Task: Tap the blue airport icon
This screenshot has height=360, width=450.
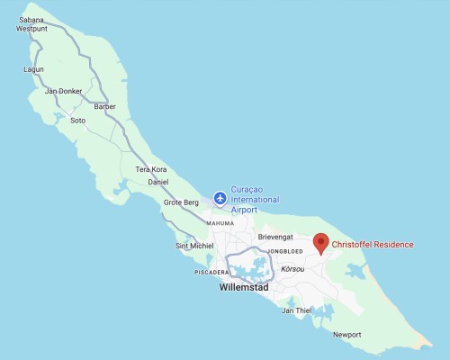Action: (x=220, y=198)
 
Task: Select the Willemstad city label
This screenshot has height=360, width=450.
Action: (x=245, y=290)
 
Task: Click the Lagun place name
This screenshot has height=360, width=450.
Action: (x=33, y=68)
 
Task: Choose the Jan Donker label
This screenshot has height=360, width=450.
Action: (x=64, y=91)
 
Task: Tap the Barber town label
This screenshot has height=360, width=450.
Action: (x=105, y=106)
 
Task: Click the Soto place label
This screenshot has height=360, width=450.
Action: (x=77, y=121)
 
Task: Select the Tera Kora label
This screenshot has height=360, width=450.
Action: (x=151, y=169)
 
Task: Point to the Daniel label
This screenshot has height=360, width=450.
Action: (x=158, y=182)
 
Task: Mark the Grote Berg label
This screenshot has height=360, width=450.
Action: (x=181, y=202)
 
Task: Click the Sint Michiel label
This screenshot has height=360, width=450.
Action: (x=195, y=246)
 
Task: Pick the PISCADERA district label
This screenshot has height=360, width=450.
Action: (x=213, y=272)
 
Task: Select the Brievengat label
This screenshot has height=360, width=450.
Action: (x=276, y=237)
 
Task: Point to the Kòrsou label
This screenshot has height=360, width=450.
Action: (x=293, y=269)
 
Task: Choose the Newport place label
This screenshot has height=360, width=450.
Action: (x=346, y=335)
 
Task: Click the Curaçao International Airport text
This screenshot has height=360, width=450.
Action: (x=256, y=198)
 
